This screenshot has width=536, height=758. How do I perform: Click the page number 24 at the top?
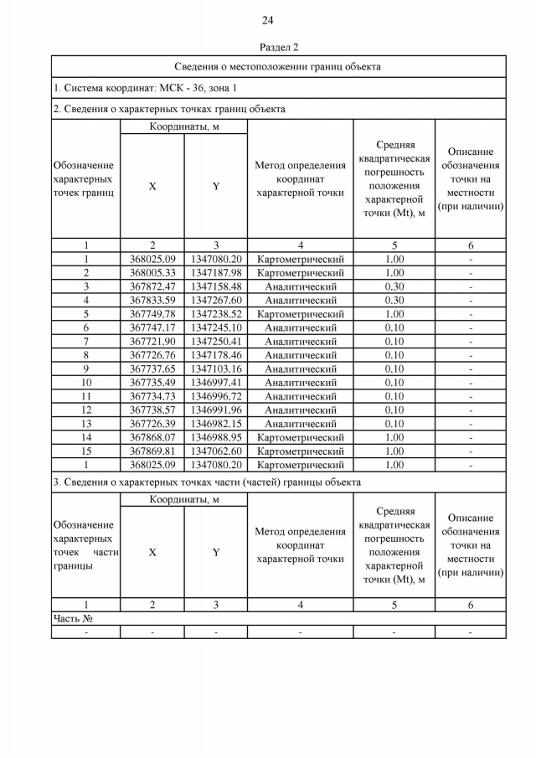tap(267, 20)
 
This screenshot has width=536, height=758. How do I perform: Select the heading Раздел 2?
tap(279, 47)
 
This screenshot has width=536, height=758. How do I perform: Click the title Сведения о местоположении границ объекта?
tap(278, 66)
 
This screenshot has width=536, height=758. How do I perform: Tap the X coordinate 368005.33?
tap(152, 273)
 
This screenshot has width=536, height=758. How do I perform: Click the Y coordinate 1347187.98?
tap(215, 273)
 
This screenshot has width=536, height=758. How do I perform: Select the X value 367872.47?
tap(152, 286)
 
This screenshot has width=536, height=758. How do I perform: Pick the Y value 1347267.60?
tap(215, 300)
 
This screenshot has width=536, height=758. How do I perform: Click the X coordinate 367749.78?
tap(152, 314)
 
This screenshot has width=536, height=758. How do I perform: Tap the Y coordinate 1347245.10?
tap(215, 327)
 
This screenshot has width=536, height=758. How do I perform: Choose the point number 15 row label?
tap(85, 451)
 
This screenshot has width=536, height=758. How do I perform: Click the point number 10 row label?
tap(85, 383)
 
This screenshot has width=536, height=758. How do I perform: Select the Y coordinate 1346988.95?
tap(215, 437)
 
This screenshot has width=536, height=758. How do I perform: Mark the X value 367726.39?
tap(152, 424)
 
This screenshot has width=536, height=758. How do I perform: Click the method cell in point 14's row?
tap(300, 437)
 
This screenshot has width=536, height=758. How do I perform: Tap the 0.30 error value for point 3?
tap(394, 286)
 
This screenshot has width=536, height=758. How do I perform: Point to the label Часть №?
tap(72, 618)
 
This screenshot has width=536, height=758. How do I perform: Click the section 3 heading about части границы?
tap(207, 482)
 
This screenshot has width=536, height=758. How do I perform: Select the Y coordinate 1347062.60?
tap(215, 451)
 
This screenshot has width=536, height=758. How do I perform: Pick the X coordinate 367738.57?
tap(152, 410)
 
